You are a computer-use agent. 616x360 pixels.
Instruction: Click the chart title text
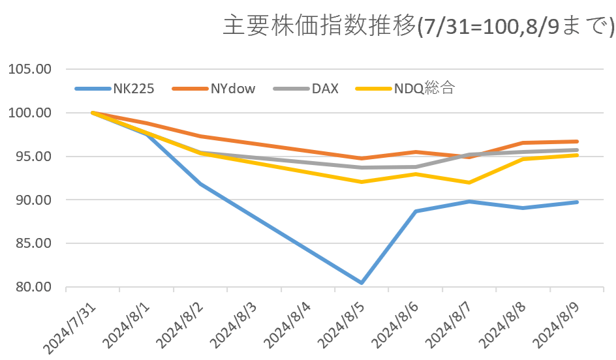pos(418,27)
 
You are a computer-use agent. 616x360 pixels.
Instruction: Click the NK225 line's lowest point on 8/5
pos(361,283)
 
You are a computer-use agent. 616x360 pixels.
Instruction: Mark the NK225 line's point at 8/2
pos(200,184)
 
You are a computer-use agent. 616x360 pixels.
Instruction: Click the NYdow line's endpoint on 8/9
pos(577,142)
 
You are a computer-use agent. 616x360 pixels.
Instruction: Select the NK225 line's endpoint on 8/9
pos(577,202)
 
